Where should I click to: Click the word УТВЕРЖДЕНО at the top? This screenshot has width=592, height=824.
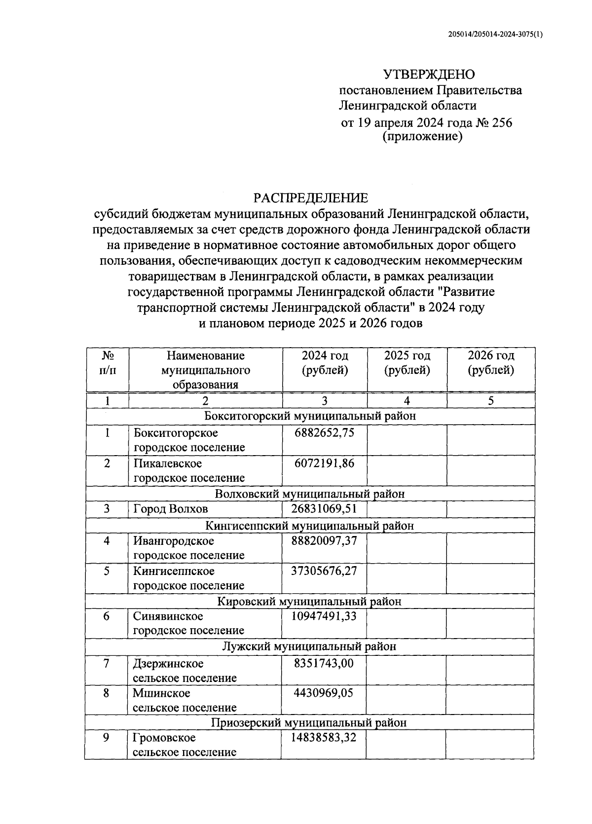[x=429, y=74]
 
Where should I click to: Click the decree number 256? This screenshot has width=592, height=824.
[x=501, y=122]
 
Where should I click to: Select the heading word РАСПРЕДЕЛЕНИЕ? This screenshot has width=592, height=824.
[x=311, y=198]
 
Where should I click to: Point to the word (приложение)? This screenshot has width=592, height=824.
[x=422, y=137]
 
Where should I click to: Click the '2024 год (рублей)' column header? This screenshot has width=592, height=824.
[x=325, y=363]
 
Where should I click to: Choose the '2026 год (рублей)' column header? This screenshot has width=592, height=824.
[x=490, y=363]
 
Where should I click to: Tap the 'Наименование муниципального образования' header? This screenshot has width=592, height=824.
[x=205, y=370]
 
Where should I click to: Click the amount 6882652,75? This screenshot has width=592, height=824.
[x=324, y=433]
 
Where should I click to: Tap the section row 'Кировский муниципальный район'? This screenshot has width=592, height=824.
[x=309, y=602]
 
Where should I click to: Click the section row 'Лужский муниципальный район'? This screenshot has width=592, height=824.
[x=309, y=646]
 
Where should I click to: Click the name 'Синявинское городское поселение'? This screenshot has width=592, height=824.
[x=188, y=623]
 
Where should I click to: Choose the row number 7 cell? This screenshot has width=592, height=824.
[x=106, y=663]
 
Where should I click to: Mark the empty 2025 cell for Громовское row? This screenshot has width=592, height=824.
[x=406, y=745]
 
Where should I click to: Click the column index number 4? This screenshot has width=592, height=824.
[x=407, y=401]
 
